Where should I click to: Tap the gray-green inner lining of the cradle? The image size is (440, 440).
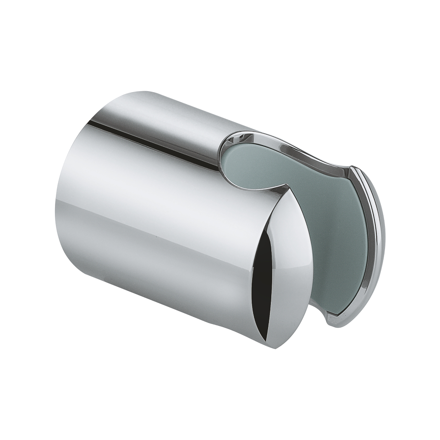click(321, 220)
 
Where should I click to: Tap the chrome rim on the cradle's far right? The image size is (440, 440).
click(379, 238)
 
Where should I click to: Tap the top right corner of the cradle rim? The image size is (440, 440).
click(355, 170)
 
